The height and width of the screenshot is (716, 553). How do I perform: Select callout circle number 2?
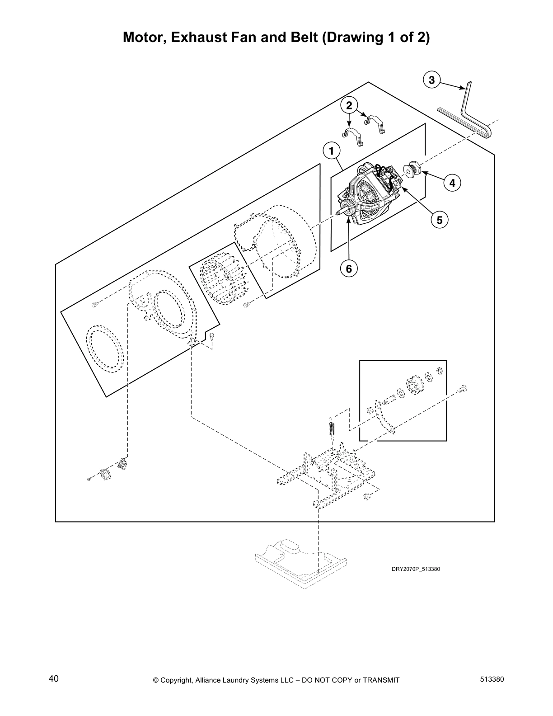(349, 106)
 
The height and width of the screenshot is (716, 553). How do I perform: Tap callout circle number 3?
(432, 80)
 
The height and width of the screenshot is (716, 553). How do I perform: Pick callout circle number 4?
(452, 183)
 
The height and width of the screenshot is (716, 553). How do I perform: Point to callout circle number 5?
(439, 220)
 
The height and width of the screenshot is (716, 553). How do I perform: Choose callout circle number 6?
(349, 269)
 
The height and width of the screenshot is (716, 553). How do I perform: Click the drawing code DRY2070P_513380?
(415, 569)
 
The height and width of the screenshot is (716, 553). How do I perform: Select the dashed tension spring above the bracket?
(331, 428)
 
